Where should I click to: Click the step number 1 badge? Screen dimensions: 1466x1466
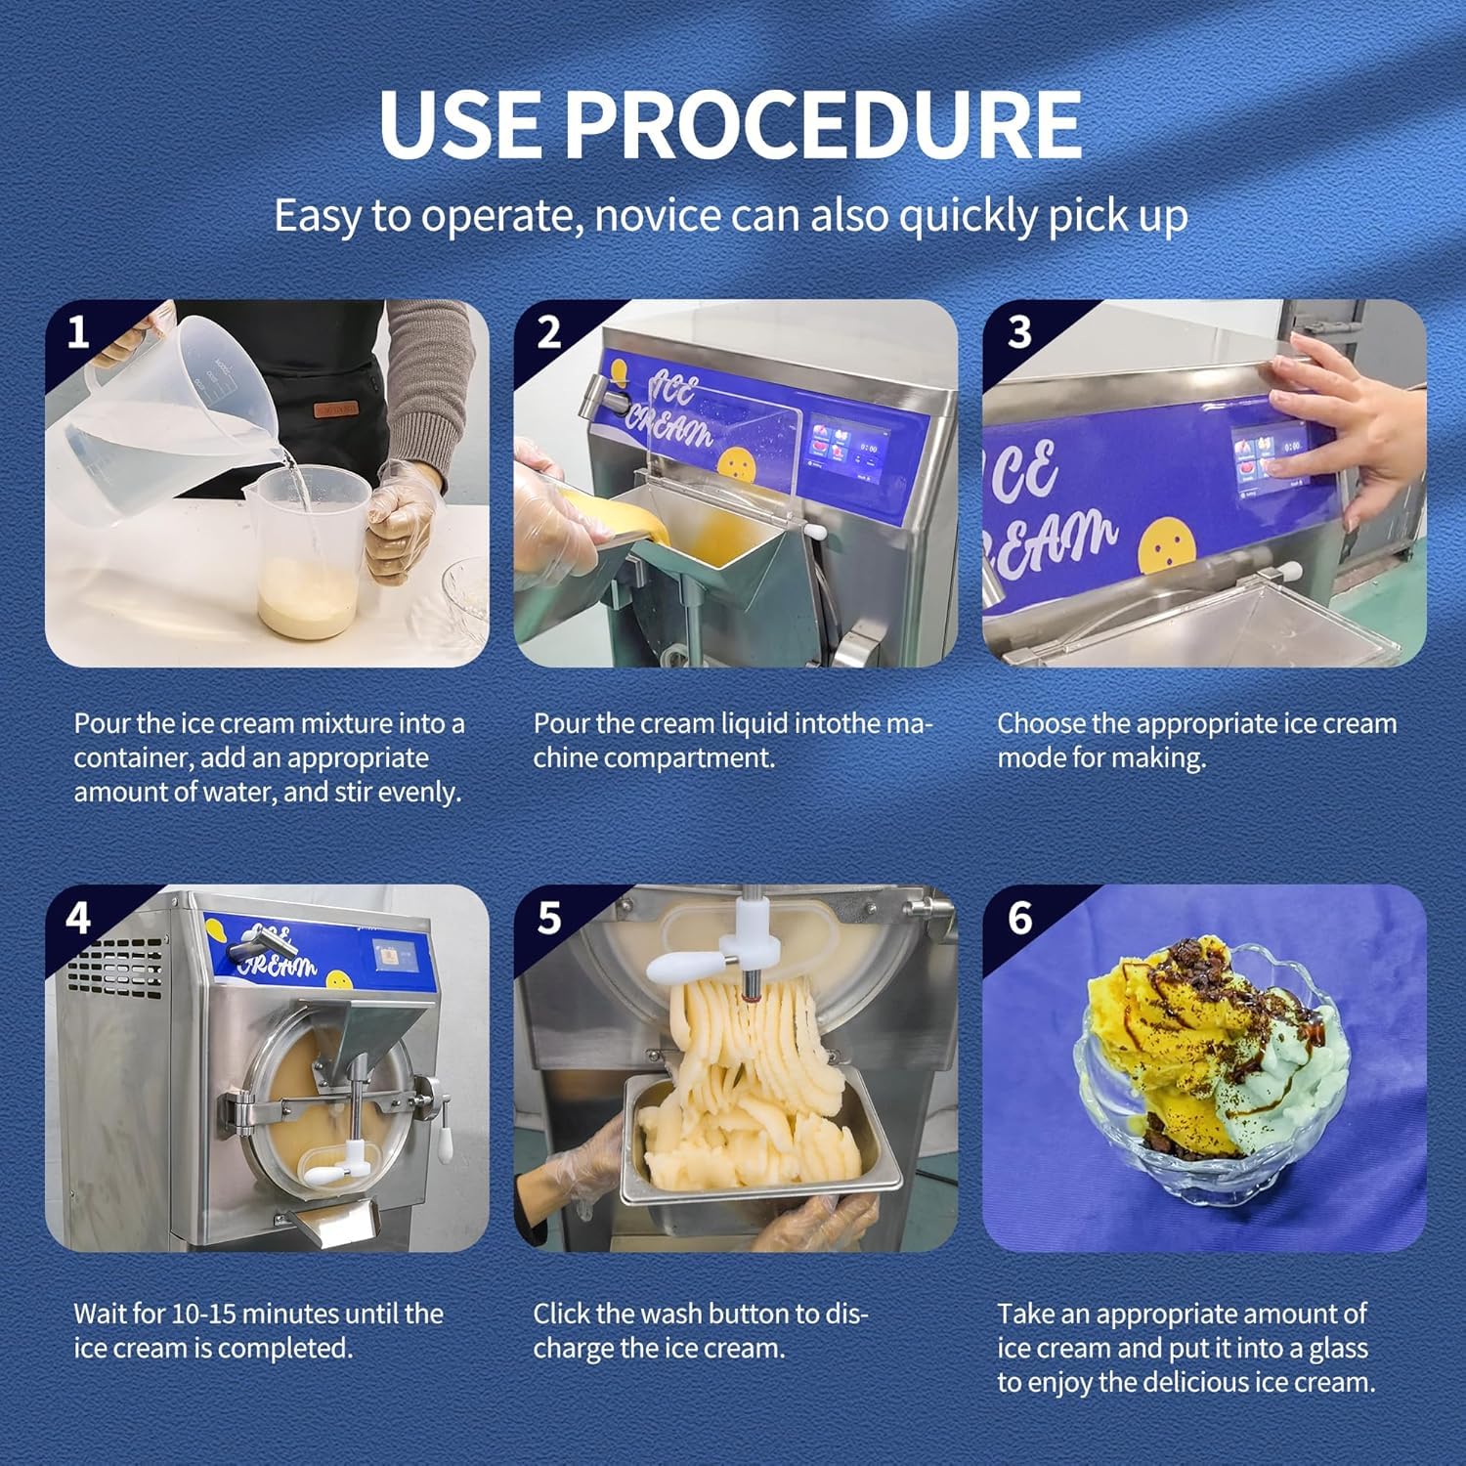78,331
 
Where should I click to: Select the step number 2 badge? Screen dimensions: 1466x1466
549,331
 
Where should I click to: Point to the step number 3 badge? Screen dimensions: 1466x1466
1019,331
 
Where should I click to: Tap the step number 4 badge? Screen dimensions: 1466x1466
78,918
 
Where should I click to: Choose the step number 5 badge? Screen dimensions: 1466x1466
549,918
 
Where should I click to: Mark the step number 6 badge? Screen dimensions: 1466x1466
1019,918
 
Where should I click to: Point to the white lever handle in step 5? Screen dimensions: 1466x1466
685,967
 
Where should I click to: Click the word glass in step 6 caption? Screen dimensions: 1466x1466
1337,1349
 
